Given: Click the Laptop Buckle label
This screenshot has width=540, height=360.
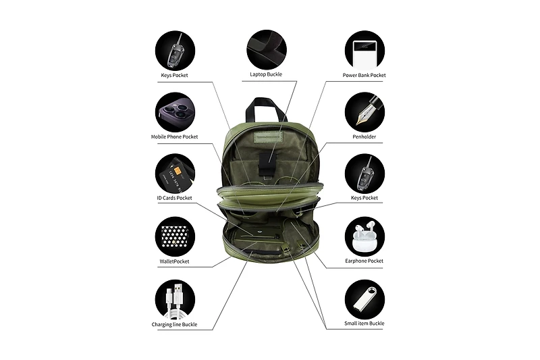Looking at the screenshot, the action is (266, 74).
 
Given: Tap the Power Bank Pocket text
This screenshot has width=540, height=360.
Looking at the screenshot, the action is (364, 75).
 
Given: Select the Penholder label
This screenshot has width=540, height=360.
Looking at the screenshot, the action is (364, 136).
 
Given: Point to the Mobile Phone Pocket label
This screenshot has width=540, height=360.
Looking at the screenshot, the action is (174, 136).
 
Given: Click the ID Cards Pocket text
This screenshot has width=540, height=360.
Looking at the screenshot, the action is (174, 198).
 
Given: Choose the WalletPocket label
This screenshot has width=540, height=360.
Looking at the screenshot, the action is (174, 261).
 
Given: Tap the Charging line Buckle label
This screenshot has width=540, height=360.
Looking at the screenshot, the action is (174, 324).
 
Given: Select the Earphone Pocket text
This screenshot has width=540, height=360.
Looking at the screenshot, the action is (364, 261).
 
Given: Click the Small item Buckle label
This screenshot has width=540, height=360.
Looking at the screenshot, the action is (364, 324).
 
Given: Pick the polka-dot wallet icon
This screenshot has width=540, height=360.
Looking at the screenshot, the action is (175, 236).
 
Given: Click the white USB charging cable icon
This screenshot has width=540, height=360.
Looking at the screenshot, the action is (175, 301).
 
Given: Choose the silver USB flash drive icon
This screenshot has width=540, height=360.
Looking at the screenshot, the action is (364, 299).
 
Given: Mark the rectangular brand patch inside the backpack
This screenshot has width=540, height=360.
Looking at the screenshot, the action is (268, 136).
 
